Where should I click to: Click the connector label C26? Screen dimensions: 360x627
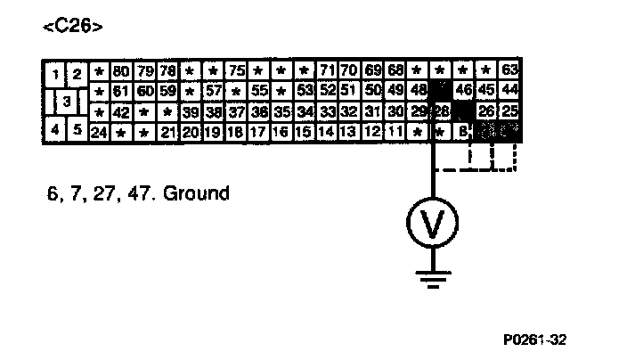coord(72,27)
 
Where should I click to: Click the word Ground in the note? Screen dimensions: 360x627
coord(195,192)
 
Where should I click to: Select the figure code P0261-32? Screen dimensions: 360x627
coord(533,339)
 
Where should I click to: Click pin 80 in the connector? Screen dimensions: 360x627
coord(122,70)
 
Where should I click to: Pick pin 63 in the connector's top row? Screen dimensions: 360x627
coord(509,70)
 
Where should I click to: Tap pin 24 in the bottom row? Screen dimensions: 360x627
coord(99,132)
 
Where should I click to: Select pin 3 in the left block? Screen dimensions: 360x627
coord(65,101)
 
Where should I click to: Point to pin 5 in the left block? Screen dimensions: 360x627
coord(77,130)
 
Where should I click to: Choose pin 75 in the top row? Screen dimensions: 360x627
coord(236,70)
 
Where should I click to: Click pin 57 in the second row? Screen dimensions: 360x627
coord(213,91)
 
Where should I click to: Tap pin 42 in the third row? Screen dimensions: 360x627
coord(122,111)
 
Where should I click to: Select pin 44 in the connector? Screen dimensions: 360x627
coord(509,91)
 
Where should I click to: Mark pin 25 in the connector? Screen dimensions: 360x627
coord(509,111)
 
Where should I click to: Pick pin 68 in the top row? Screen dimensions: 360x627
coord(396,70)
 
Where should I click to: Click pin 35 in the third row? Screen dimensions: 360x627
coord(281,111)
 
